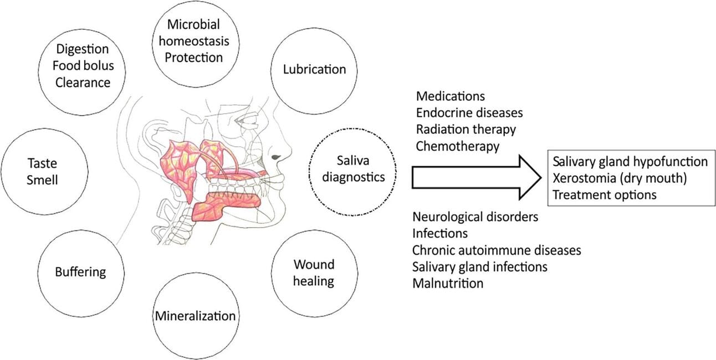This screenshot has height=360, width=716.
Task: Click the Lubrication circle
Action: [x=314, y=70]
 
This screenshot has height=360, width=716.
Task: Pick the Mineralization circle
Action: [x=195, y=316]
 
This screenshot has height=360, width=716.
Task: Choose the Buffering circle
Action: [x=80, y=272]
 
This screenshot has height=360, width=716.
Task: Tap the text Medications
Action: [x=451, y=96]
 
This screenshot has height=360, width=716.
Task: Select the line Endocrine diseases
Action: [x=469, y=113]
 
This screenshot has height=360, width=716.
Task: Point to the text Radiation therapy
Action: [x=466, y=130]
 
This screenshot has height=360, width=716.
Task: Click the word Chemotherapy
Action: [x=458, y=146]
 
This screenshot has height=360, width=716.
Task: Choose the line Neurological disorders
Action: [x=475, y=216]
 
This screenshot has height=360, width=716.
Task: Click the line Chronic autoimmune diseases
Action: [x=497, y=250]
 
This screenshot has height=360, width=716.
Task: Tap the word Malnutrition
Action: [x=448, y=283]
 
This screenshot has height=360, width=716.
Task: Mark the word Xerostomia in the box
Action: [x=583, y=178]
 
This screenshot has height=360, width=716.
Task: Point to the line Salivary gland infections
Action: [x=480, y=266]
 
